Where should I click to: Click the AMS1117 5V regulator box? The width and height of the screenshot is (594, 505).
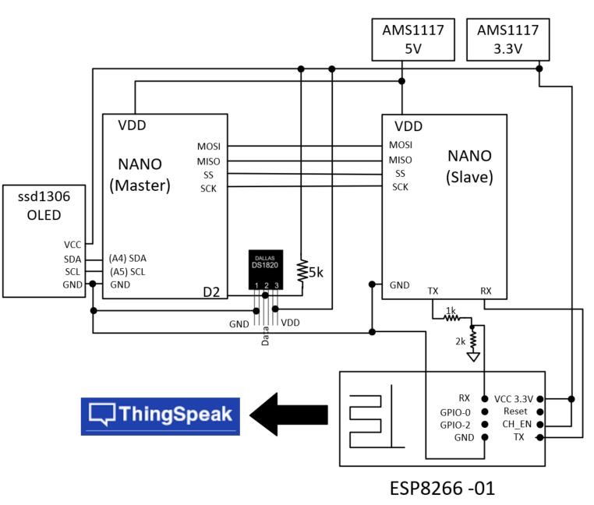tap(412, 40)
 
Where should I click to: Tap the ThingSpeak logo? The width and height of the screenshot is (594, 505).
tap(161, 415)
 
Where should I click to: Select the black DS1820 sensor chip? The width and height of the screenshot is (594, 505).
tap(266, 265)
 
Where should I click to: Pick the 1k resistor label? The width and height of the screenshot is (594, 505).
tap(451, 310)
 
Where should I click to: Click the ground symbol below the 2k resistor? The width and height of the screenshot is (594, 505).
tap(472, 358)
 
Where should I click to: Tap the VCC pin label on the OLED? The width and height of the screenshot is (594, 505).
tap(74, 244)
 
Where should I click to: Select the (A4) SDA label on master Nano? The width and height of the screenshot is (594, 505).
tap(127, 258)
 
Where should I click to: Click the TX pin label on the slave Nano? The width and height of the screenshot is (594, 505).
tap(433, 291)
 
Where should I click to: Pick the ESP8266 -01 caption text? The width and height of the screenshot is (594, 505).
tap(442, 489)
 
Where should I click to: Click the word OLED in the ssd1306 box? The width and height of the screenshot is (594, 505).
tap(44, 215)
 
